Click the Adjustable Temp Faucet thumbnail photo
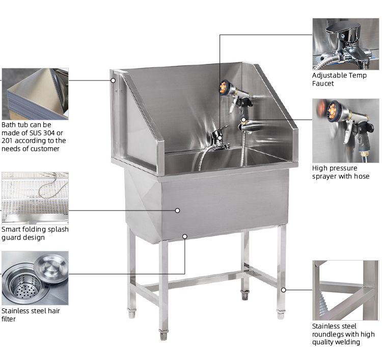tap(346, 44)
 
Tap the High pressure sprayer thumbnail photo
tap(346, 131)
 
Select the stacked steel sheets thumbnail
tap(35, 94)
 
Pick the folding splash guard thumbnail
tap(35, 198)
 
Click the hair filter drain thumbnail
tap(35, 278)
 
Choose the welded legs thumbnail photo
tap(346, 290)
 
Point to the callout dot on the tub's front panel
tap(177, 210)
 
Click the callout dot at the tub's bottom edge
tap(185, 236)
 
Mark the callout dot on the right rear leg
tap(283, 290)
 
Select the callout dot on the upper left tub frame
tap(113, 80)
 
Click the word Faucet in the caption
tap(323, 84)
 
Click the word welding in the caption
tap(347, 342)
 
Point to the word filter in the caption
tap(8, 319)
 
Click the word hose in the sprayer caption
tap(362, 176)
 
